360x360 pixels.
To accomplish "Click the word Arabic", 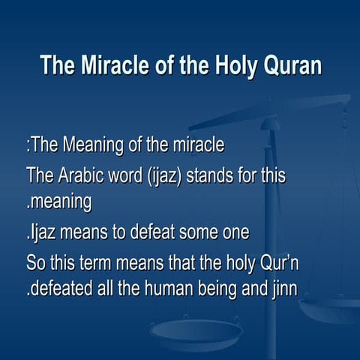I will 82,178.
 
